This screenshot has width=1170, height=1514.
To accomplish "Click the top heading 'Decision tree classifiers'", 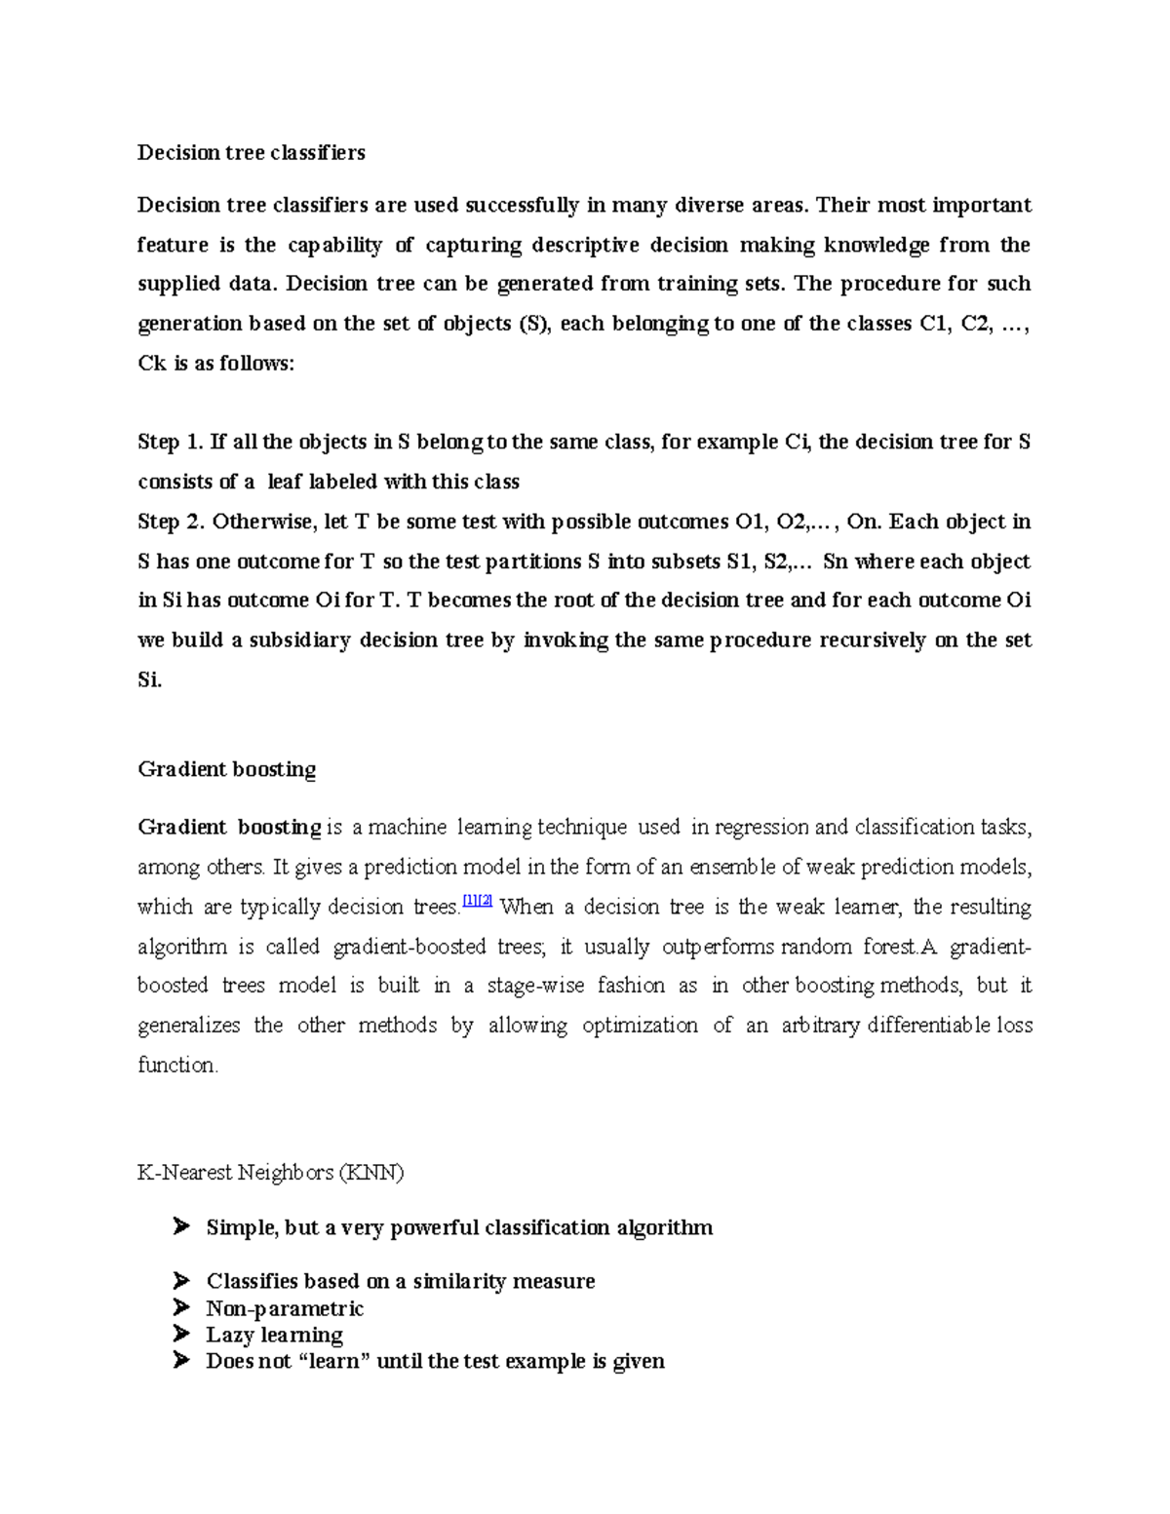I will (252, 152).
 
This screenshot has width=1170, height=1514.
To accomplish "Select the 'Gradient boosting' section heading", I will (227, 769).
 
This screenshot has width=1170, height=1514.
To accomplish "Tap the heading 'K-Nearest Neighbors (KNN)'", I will (271, 1172).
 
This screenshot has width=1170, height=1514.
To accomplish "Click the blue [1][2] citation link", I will (478, 902).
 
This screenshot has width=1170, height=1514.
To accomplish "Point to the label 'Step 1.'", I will (171, 442).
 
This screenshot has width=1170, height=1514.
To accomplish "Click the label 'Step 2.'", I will (171, 522).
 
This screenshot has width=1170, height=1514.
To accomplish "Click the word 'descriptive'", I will (586, 245).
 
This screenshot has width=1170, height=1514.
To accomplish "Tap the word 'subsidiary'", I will (300, 641).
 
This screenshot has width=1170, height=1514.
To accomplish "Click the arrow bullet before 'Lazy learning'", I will (180, 1334).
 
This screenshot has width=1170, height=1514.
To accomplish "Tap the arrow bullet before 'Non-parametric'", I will (180, 1307).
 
